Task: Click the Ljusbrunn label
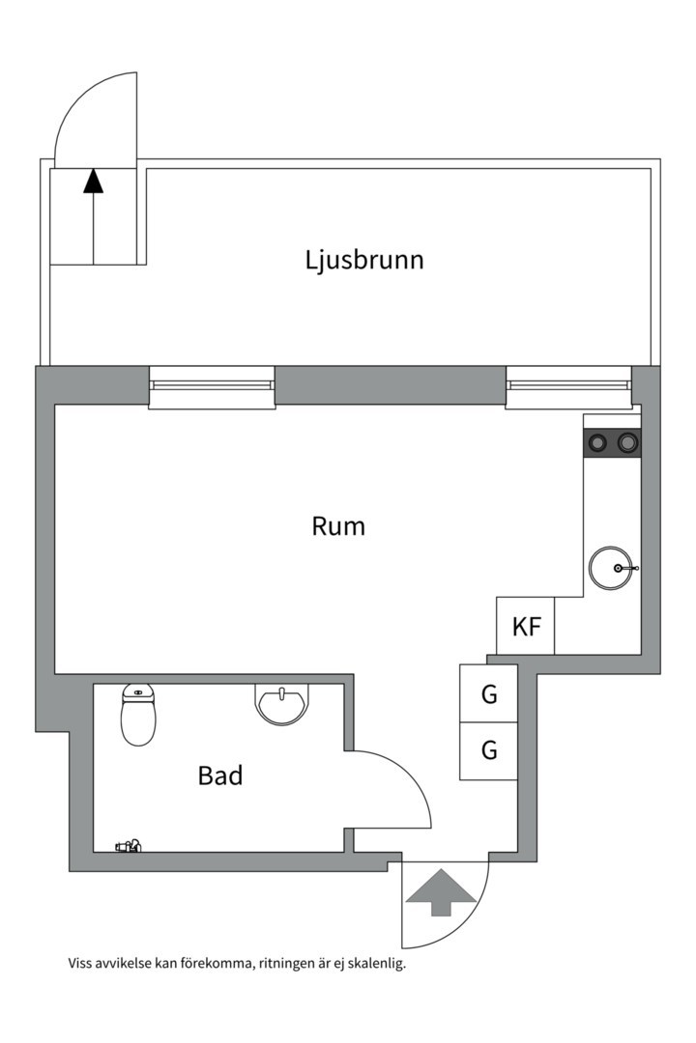pos(364,260)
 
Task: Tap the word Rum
pos(338,526)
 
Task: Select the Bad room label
pos(220,775)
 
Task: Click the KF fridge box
pos(526,626)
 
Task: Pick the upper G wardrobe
pos(489,693)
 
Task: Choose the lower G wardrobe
pos(489,751)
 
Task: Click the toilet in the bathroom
pos(138,715)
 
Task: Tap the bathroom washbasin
pos(282,705)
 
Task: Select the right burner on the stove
pos(626,441)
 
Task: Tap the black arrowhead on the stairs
pos(93,181)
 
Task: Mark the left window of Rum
pos(212,386)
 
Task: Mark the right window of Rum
pos(568,386)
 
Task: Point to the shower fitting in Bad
pos(129,846)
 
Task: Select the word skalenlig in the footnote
pos(376,963)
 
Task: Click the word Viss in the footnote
pos(79,963)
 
